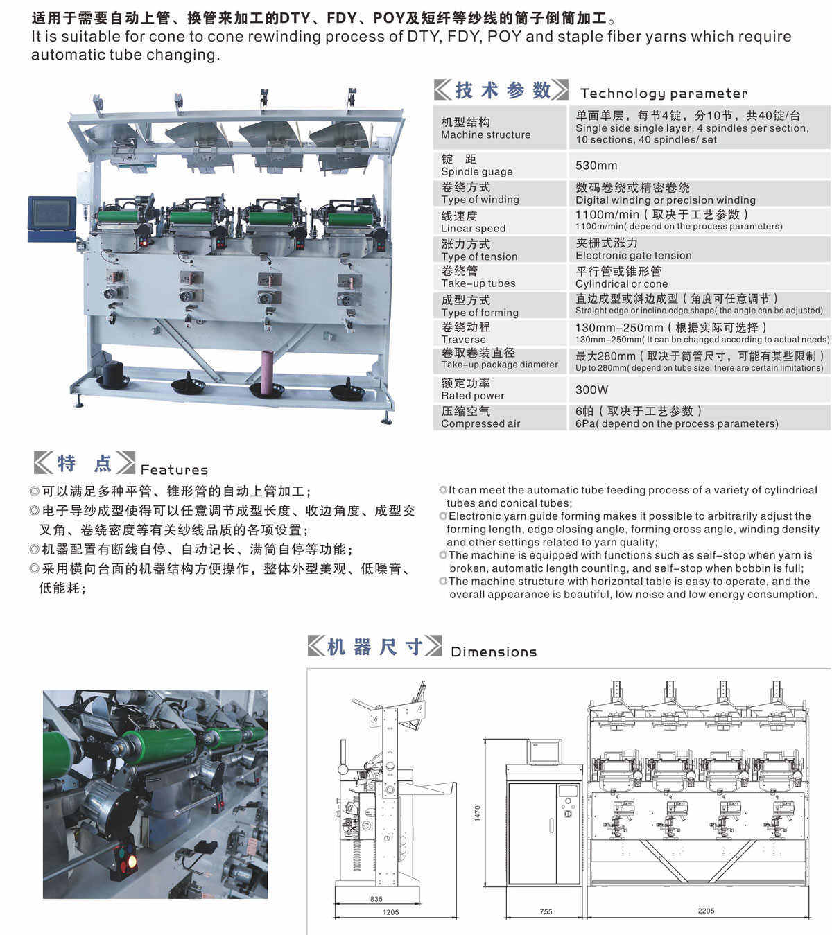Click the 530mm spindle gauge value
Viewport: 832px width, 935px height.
point(596,165)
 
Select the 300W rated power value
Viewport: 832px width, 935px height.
point(591,390)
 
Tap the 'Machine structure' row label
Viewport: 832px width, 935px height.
point(486,134)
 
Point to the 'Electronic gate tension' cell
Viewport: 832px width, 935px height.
point(634,255)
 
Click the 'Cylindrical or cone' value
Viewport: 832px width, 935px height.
point(621,283)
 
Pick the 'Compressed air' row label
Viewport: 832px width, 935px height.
point(480,423)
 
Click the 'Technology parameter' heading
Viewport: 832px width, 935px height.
point(664,94)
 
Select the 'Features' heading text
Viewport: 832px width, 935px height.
point(174,470)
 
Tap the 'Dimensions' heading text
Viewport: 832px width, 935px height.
point(494,652)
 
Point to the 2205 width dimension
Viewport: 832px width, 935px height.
point(706,911)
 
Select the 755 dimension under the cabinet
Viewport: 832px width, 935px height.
point(546,911)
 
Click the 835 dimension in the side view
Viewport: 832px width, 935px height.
point(376,899)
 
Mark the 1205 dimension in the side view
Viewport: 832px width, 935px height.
point(390,912)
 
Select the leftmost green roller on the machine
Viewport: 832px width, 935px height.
point(117,216)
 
